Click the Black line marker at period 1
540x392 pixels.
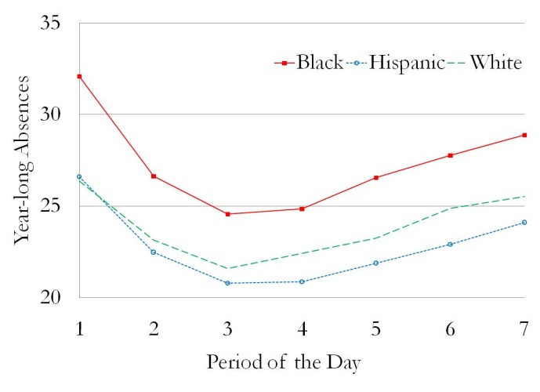(79, 76)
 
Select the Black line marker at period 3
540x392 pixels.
(227, 214)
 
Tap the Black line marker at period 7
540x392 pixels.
(524, 135)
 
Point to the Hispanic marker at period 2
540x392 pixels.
(154, 252)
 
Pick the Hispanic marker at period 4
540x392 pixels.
(302, 281)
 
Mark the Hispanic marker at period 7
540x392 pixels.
(524, 223)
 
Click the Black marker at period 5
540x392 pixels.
(376, 177)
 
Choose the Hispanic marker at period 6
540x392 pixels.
(450, 245)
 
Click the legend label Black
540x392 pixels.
(319, 63)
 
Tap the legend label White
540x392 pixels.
(495, 63)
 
